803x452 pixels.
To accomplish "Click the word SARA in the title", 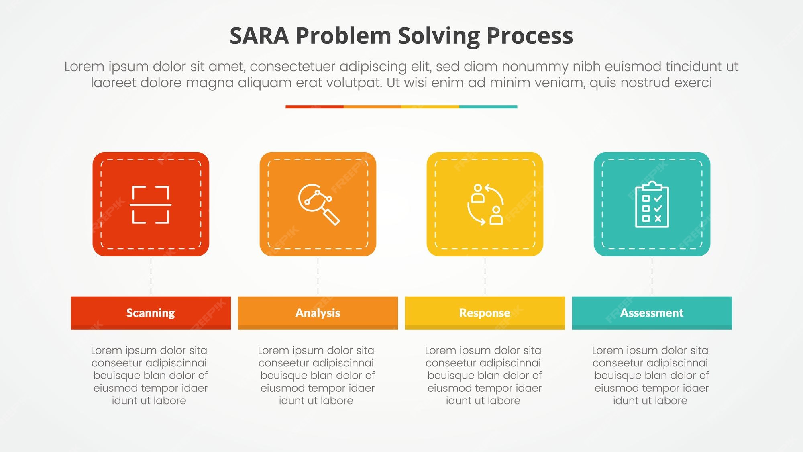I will (x=259, y=36).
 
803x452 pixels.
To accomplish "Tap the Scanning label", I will (x=151, y=313).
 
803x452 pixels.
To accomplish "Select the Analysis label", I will (x=318, y=313).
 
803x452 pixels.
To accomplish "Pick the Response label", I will (x=485, y=313).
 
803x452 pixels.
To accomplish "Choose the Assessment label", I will (x=652, y=313).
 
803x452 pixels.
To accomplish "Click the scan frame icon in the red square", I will (x=151, y=205).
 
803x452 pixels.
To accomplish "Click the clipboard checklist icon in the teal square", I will (x=652, y=205).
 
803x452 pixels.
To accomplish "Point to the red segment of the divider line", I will (x=314, y=107).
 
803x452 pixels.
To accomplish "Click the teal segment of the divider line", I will (x=488, y=107).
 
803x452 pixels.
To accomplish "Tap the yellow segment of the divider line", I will (x=430, y=107).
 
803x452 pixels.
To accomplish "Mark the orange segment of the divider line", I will (x=372, y=107).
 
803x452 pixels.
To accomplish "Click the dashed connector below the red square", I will (x=151, y=276).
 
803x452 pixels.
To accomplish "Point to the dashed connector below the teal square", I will (x=652, y=276).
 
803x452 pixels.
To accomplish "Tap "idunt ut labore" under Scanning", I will (x=149, y=401).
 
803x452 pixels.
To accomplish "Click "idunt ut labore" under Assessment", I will (x=650, y=401).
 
